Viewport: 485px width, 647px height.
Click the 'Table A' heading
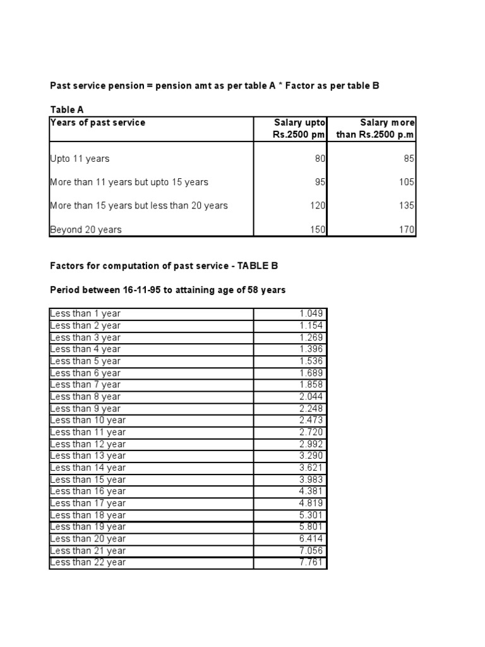point(67,110)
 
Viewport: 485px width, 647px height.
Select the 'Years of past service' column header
point(97,123)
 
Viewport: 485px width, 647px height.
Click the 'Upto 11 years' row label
point(80,159)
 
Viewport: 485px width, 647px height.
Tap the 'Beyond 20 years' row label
point(85,229)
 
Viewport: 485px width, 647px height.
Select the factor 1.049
point(311,313)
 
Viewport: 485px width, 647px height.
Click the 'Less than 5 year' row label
point(85,361)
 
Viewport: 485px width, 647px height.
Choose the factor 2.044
point(311,396)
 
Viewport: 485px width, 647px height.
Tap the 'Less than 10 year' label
point(88,420)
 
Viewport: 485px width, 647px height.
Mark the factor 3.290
point(311,456)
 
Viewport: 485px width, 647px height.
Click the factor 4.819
point(311,503)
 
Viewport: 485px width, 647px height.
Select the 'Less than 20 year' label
point(88,538)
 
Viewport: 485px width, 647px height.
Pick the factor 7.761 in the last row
point(311,562)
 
